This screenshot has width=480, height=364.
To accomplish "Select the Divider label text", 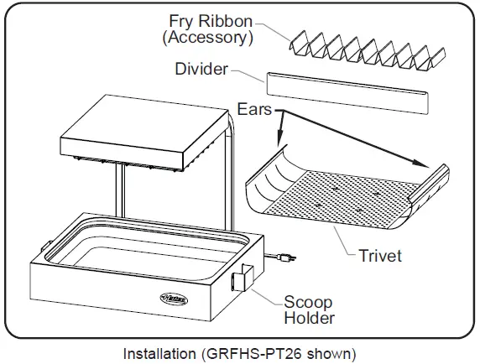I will click(201, 70).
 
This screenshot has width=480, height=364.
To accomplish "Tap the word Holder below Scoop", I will click(309, 318).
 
